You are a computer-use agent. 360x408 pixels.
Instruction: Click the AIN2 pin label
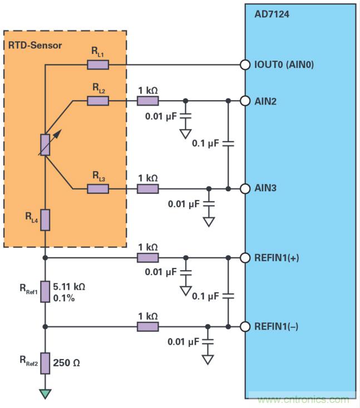267,101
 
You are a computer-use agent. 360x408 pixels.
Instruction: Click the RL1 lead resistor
98,65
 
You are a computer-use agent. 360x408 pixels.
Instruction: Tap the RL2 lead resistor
98,101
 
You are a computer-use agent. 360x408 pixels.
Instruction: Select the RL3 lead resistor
98,189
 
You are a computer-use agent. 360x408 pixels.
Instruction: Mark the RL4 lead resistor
46,220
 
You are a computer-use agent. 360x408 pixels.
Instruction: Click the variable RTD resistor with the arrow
46,145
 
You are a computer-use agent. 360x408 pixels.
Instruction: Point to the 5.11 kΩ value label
69,288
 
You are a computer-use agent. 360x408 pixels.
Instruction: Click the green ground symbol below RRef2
46,394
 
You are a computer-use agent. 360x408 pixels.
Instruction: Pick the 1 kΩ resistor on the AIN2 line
148,101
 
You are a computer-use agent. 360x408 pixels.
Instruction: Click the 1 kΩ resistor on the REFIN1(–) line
148,326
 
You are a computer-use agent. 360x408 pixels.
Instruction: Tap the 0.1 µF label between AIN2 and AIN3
206,143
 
